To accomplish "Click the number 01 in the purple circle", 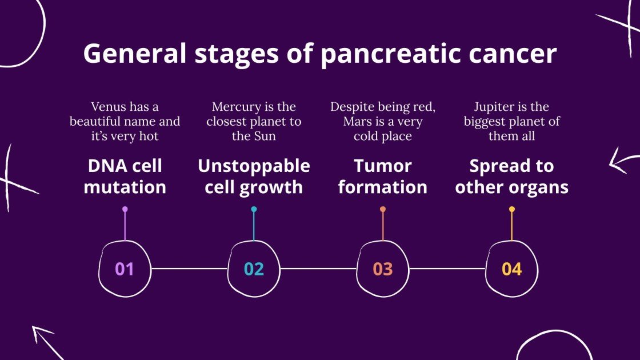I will point(124,269).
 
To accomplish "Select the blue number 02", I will point(254,269).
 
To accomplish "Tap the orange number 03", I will point(383,269).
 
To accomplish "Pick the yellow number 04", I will point(511,269).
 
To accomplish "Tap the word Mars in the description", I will point(358,122).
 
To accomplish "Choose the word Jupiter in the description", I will point(494,107).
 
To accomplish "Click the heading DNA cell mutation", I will point(125,176).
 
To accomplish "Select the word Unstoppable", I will point(254,166).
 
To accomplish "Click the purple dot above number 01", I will point(125,209).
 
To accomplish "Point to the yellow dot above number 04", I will point(511,209).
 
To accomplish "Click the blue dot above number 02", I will point(254,209).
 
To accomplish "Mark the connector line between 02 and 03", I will point(318,268).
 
